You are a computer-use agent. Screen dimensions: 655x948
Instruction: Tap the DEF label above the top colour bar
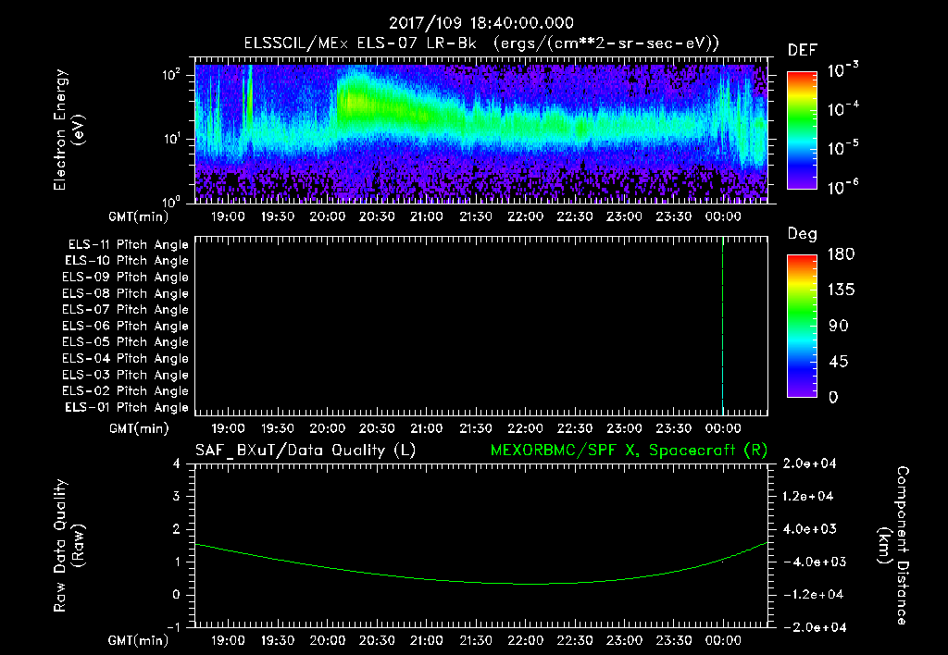pyautogui.click(x=802, y=50)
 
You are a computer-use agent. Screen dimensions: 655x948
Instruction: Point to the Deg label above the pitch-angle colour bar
pyautogui.click(x=802, y=234)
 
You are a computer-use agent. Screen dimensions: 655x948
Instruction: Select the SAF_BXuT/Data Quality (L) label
pyautogui.click(x=306, y=450)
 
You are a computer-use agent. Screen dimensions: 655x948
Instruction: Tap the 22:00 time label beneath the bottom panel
pyautogui.click(x=526, y=639)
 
